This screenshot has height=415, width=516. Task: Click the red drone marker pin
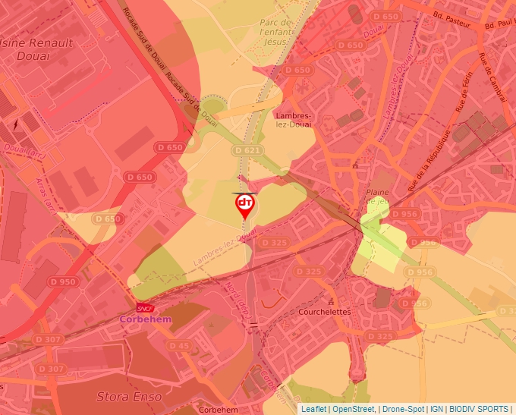[244, 205]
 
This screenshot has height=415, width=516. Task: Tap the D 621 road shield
[247, 151]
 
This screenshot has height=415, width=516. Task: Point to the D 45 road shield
[179, 346]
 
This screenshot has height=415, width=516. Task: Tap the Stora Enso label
[124, 396]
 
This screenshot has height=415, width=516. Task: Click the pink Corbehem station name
[146, 320]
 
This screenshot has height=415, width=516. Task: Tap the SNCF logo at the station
[144, 308]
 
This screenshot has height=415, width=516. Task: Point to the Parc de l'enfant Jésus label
[275, 32]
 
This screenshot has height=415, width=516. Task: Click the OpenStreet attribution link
[353, 409]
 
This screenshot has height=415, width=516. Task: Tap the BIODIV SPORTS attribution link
[479, 409]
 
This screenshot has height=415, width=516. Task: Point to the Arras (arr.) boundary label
[45, 194]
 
